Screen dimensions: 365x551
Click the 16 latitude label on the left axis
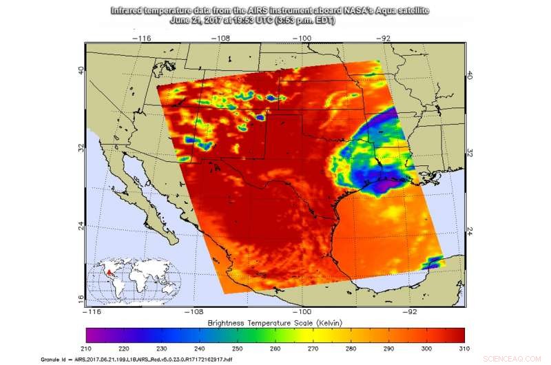(x=81, y=298)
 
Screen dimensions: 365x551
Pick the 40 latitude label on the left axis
(x=81, y=71)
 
